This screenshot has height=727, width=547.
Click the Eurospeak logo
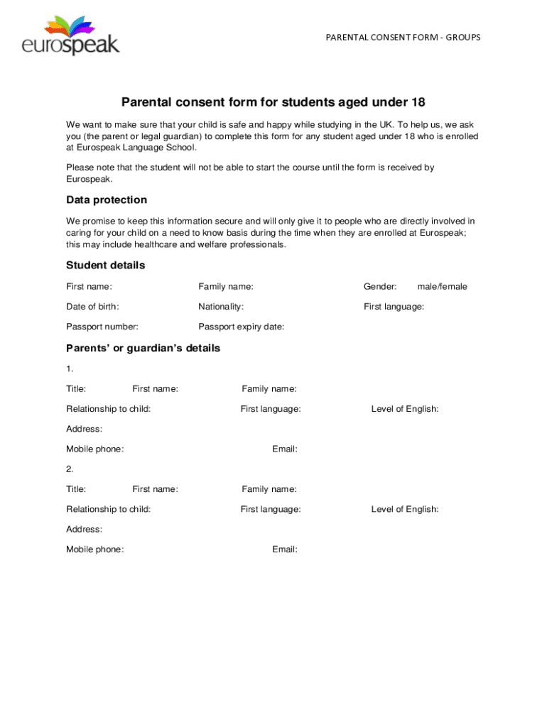[x=71, y=37]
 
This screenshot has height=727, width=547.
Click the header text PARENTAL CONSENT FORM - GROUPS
[x=403, y=37]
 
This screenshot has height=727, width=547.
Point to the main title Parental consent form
[x=273, y=102]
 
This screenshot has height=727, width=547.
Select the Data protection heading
[x=107, y=200]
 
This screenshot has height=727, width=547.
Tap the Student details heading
[x=105, y=266]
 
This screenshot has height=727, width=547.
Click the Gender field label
[x=380, y=287]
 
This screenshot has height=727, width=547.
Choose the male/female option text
[x=442, y=287]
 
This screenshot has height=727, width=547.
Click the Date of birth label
[x=92, y=307]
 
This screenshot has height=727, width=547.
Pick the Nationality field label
[x=221, y=307]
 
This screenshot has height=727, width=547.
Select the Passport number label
[x=102, y=327]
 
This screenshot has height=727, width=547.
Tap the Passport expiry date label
[x=241, y=327]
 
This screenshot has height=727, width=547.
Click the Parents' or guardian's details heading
[x=143, y=349]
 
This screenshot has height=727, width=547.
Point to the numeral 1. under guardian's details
[x=70, y=369]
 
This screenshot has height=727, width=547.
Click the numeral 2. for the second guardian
[x=70, y=469]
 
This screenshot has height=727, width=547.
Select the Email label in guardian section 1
[x=284, y=449]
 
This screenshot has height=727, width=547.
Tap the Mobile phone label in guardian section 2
[x=94, y=550]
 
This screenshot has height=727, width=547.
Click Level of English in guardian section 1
[x=404, y=409]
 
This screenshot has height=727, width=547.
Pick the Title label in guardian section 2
[x=76, y=489]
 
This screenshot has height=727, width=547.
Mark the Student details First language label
[x=394, y=307]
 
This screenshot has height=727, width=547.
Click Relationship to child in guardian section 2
[x=108, y=509]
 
